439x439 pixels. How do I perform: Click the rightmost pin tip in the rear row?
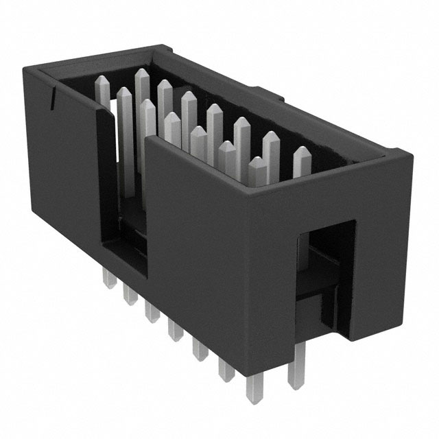point(300,154)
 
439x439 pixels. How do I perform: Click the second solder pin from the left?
point(127,296)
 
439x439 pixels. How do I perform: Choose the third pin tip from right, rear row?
point(241,126)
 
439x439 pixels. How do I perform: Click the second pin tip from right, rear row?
point(270,139)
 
